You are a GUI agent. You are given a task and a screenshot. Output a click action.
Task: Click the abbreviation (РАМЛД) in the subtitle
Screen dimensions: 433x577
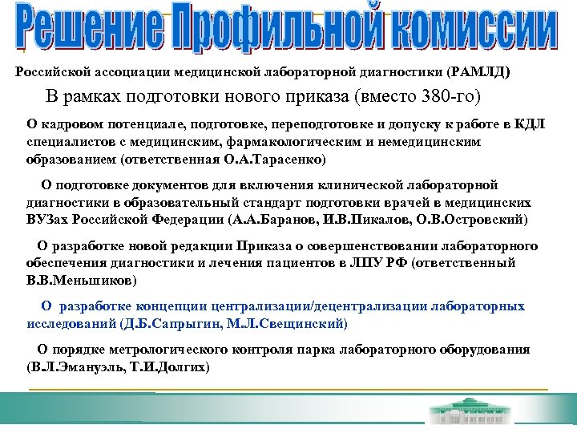(478, 72)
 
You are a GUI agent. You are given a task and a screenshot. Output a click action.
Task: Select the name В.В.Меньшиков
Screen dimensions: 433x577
(80, 280)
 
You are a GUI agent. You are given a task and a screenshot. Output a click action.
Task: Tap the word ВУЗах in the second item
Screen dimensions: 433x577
(46, 219)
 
